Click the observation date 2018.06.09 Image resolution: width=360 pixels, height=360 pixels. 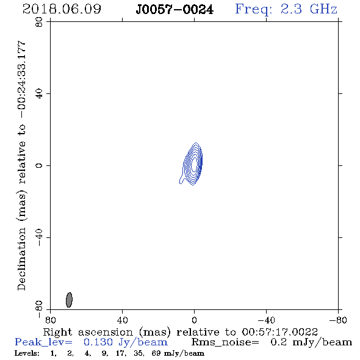tap(62, 9)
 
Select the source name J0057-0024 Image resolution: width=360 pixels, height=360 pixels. tap(175, 10)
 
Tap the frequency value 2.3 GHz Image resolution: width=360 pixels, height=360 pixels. tap(309, 9)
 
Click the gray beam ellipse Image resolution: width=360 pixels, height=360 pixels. tap(69, 300)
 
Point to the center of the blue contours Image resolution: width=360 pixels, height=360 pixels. tap(194, 164)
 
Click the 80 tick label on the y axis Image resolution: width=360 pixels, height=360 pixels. tap(39, 22)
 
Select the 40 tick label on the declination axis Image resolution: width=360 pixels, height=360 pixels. tap(39, 94)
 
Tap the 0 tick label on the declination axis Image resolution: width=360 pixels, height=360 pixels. tap(39, 165)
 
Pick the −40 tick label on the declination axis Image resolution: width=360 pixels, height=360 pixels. tap(39, 237)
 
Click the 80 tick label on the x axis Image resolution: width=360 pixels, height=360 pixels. tap(50, 320)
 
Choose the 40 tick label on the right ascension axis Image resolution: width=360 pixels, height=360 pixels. tap(122, 320)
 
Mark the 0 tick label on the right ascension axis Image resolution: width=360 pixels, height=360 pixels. tap(194, 320)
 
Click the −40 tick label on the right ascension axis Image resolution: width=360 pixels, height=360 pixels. tap(266, 320)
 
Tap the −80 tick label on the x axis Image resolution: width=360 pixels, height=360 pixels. tap(338, 320)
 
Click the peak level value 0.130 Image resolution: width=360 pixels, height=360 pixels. tap(98, 342)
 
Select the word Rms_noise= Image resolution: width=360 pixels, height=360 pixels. tap(225, 342)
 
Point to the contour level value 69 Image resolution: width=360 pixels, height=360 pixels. tap(156, 353)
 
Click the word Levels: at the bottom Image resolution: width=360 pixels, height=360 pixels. tap(27, 353)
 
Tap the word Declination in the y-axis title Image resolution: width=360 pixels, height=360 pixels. tap(21, 259)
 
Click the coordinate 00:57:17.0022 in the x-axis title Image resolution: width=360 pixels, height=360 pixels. tap(280, 332)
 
